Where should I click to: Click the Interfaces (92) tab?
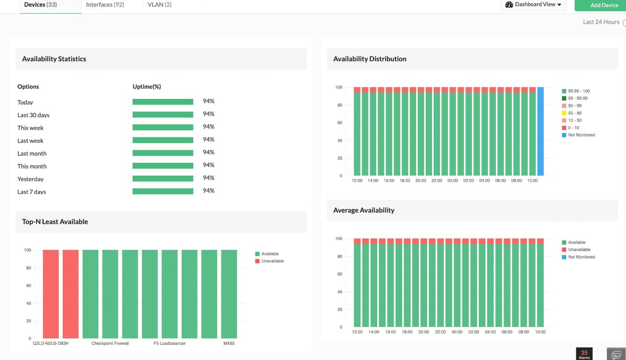(105, 5)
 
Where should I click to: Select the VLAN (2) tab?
(159, 5)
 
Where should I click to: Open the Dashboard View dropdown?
(533, 4)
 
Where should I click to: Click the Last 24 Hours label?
(601, 22)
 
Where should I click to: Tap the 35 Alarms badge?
(584, 354)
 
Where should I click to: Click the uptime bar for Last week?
(163, 140)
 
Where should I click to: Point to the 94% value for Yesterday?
(208, 178)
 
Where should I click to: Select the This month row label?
(32, 166)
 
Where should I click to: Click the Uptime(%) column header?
(147, 87)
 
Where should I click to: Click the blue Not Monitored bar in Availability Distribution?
(540, 131)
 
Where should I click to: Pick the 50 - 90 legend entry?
(574, 113)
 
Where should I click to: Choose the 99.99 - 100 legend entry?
(578, 91)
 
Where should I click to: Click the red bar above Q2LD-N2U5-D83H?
(51, 294)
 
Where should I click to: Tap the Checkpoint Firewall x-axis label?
(110, 343)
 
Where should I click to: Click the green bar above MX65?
(229, 294)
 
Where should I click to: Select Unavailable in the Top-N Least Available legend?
(272, 261)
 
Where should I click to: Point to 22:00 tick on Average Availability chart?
(440, 332)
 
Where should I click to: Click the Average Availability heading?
(364, 210)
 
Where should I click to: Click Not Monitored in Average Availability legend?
(581, 257)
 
